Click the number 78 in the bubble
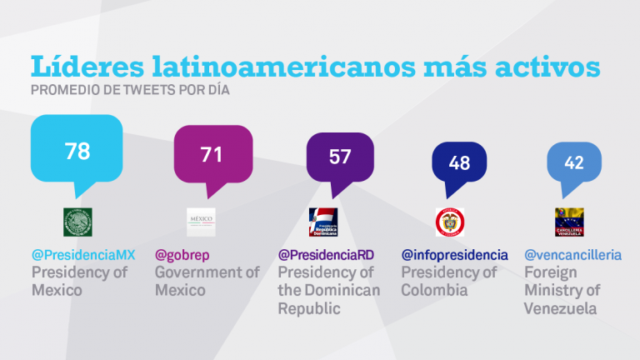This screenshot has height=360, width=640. point(77,151)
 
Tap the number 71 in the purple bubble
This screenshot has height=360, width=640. point(212,154)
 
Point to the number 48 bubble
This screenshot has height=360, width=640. point(459,162)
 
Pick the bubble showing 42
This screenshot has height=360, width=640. point(573,162)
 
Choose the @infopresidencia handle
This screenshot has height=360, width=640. point(454,254)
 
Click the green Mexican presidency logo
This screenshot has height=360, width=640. point(77,222)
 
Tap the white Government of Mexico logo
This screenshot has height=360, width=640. point(201,222)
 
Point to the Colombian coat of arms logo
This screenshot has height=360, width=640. point(450,222)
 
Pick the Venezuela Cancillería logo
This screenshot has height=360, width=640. point(569,222)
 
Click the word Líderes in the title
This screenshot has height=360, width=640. point(83,67)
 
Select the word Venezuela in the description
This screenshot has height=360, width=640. point(561,308)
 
